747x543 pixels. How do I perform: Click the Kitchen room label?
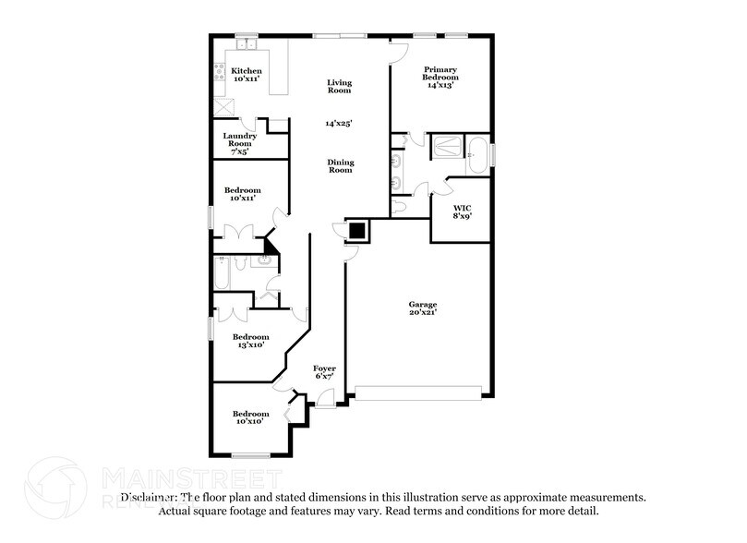[x=247, y=76]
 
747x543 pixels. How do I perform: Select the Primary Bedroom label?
[x=440, y=76]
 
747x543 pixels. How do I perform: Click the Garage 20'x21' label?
[x=423, y=308]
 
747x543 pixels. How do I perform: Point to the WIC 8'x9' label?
[x=462, y=213]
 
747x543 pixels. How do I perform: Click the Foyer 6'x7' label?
[x=324, y=372]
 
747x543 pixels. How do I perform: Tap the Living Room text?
[x=339, y=87]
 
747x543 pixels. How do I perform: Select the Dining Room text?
[x=341, y=166]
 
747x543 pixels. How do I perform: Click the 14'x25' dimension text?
[x=339, y=123]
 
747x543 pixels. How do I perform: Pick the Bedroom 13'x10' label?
[x=250, y=341]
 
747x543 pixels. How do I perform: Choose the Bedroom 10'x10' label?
[x=250, y=417]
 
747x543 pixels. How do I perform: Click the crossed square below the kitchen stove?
[x=222, y=106]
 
